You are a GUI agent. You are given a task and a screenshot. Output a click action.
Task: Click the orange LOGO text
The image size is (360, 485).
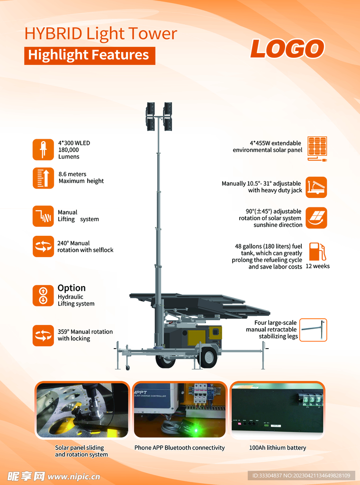[287, 49]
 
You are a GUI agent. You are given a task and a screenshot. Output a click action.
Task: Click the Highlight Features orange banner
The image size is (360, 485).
[90, 56]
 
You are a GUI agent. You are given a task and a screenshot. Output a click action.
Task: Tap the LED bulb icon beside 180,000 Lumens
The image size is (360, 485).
[43, 150]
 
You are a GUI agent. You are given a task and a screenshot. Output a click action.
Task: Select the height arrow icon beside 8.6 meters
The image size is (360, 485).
[43, 178]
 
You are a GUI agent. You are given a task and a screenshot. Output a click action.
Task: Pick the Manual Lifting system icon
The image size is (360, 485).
[43, 216]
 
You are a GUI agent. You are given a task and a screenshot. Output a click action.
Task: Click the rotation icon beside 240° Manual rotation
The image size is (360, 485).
[43, 246]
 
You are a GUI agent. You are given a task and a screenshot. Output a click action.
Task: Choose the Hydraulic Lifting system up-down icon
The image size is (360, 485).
[43, 296]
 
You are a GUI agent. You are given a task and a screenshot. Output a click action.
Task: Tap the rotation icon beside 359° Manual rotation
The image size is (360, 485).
[43, 335]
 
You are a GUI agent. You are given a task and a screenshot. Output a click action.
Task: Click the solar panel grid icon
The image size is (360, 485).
[317, 149]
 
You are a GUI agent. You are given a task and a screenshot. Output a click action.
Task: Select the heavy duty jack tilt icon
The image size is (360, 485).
[316, 187]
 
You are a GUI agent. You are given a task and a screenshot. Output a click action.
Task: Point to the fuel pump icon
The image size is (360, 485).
[318, 251]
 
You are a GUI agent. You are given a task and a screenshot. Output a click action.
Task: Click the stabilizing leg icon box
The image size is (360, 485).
[313, 330]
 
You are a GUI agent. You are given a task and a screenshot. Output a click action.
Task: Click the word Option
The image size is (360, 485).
[72, 288]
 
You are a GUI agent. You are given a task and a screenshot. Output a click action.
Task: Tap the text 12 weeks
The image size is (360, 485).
[318, 266]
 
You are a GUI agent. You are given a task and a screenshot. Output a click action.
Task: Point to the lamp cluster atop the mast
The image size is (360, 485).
[159, 117]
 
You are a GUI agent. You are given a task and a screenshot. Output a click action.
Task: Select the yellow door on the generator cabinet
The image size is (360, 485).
[197, 338]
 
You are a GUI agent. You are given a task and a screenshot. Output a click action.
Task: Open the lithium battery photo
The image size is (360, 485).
[278, 410]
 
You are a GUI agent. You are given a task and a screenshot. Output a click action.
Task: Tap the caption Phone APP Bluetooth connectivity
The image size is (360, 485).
[180, 448]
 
